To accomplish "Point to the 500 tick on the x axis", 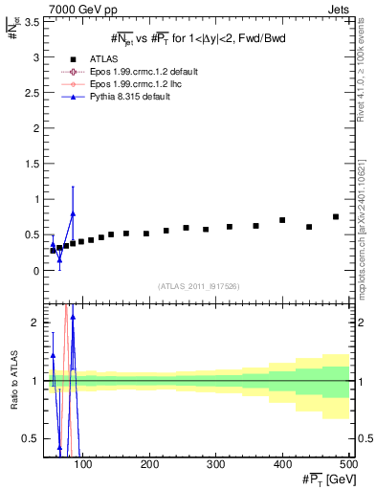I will click(x=347, y=466).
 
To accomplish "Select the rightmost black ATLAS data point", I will click(x=336, y=216).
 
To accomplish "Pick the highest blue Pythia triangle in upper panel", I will click(x=73, y=213).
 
